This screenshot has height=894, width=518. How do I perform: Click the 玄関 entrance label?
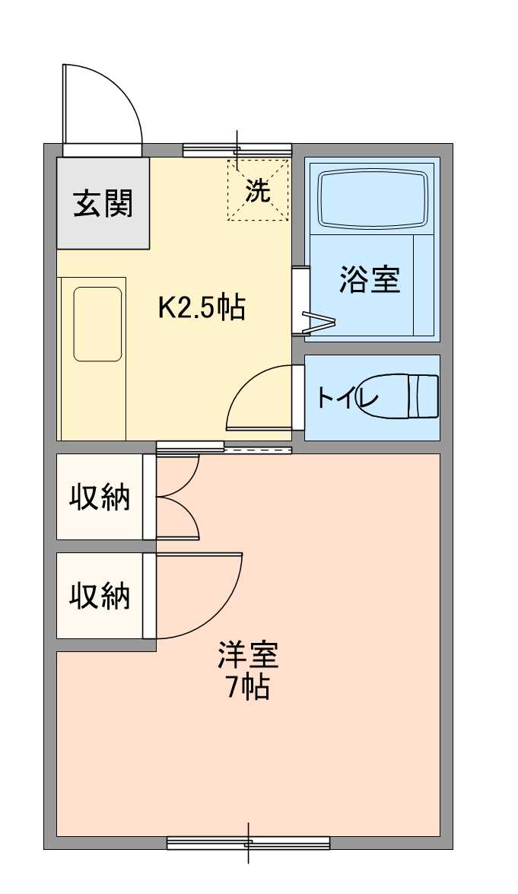[x=103, y=203]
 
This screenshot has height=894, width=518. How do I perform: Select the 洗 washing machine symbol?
[x=258, y=190]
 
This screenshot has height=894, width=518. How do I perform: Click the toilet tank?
[x=424, y=396]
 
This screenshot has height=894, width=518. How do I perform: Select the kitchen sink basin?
[x=97, y=323]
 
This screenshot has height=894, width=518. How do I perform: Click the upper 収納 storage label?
[x=100, y=497]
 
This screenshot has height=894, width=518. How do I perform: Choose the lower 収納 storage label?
[x=100, y=596]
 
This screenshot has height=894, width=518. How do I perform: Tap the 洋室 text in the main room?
[x=248, y=654]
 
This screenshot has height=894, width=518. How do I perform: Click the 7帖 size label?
[x=248, y=688]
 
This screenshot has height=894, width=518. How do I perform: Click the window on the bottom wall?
[x=248, y=842]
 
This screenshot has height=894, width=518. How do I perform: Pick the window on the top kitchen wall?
[x=237, y=150]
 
